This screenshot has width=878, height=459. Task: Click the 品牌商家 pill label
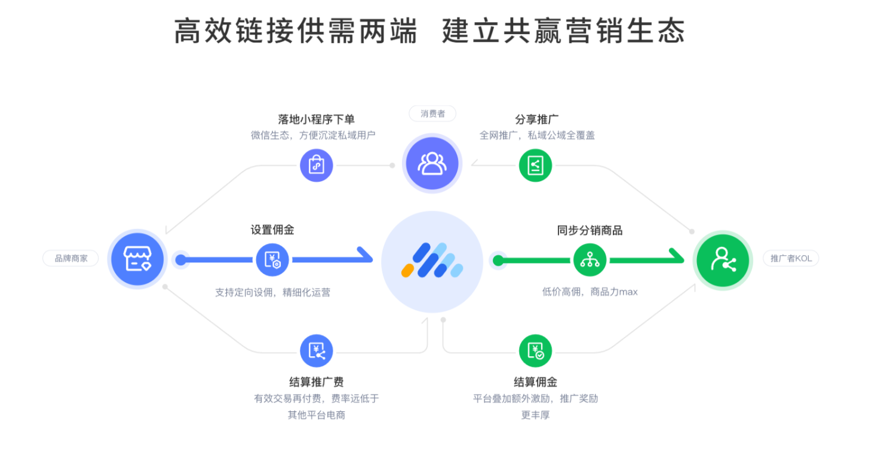coord(70,258)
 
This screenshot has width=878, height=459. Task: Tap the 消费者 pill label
coord(432,114)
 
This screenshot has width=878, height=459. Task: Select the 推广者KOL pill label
coord(791,258)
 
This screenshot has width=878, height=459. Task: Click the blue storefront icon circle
coord(137,259)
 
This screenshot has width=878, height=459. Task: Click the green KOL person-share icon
coord(723,260)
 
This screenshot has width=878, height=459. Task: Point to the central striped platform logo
coord(432,261)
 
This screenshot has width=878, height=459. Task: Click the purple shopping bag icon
coord(316,165)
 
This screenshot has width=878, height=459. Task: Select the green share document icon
coord(535,165)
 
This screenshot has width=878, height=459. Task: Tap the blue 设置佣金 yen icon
coord(272,260)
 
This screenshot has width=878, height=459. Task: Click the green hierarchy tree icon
coord(590,260)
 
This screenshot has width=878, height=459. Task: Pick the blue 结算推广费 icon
coord(316,351)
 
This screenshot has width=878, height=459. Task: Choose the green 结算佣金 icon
coord(535,351)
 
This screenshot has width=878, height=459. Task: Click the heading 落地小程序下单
coord(316,120)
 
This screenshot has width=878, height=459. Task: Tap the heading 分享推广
coord(536,120)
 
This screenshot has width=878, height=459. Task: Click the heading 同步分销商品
coord(590,230)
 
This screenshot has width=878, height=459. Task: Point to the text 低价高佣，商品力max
coord(590,292)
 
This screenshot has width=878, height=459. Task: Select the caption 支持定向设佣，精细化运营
coord(272,293)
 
